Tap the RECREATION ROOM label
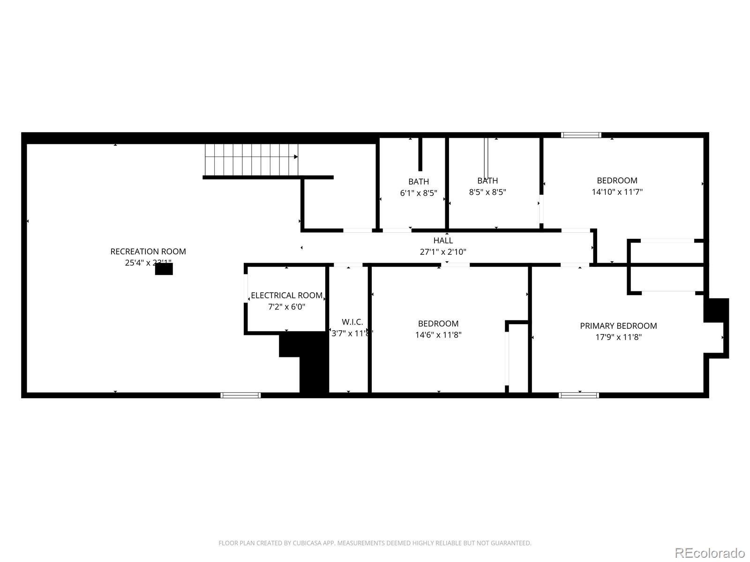tap(148, 251)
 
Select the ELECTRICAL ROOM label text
tap(286, 296)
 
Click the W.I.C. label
tap(352, 322)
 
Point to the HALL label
tap(443, 241)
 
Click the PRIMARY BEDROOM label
tap(618, 326)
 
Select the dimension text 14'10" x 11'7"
tap(617, 192)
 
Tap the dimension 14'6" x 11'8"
tap(438, 335)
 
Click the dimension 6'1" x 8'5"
tap(419, 193)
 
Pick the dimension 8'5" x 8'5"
tap(487, 192)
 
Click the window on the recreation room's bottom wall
tap(240, 395)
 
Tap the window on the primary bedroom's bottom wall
tap(579, 395)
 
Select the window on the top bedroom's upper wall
tap(581, 135)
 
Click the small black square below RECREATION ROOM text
tap(164, 269)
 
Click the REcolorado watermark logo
tap(710, 553)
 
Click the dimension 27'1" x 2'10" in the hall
tap(443, 252)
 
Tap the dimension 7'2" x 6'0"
tap(286, 307)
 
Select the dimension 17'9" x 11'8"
tap(618, 337)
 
